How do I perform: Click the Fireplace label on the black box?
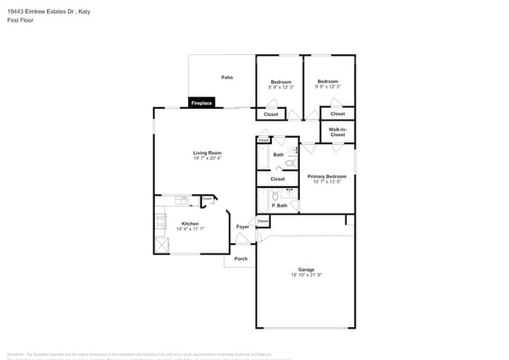coord(202,103)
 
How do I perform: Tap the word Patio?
coord(227,77)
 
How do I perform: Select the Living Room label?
coord(208,153)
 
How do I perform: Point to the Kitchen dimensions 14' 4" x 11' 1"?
coord(190,229)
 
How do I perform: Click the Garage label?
coord(305,269)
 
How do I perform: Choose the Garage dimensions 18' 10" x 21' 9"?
coord(305,275)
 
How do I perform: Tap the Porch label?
coord(241,258)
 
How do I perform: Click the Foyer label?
coord(243,227)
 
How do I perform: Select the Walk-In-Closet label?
coord(338,132)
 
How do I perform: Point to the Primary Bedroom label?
coord(327,177)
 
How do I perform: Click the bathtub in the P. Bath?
coord(263,200)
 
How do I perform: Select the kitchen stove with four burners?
coord(161,221)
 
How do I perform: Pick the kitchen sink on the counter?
coord(183,200)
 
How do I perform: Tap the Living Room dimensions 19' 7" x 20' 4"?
coord(208,158)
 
